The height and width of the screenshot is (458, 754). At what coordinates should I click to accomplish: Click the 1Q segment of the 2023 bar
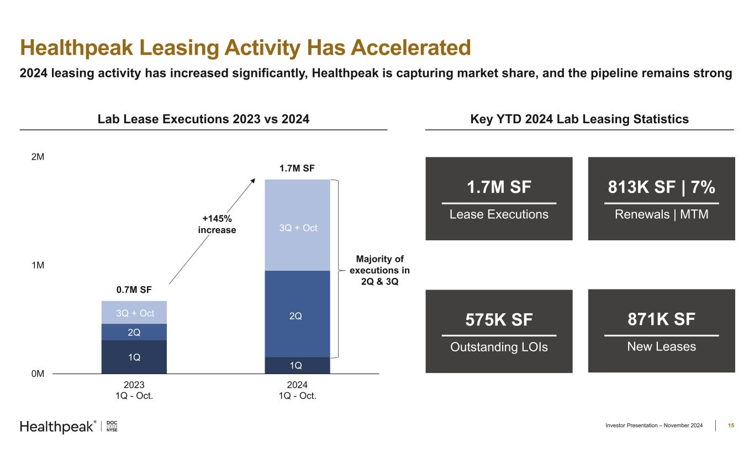(x=134, y=357)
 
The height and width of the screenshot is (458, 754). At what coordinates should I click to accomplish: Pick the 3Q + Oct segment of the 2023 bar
(x=134, y=313)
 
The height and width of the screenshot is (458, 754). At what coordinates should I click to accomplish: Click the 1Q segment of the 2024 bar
(x=297, y=366)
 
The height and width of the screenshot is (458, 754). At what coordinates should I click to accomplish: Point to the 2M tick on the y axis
(x=38, y=157)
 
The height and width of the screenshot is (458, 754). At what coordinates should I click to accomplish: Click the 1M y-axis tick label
(x=38, y=266)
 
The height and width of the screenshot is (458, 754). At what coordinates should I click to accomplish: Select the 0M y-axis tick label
(x=38, y=374)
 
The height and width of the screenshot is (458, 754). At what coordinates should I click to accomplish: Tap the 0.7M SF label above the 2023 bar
(x=134, y=289)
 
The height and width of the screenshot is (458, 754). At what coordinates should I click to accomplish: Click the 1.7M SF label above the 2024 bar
(x=297, y=168)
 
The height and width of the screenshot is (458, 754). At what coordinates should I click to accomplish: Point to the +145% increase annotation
(x=217, y=224)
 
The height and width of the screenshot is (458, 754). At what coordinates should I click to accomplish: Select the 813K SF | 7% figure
(x=661, y=188)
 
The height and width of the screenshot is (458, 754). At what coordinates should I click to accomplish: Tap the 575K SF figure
(x=499, y=320)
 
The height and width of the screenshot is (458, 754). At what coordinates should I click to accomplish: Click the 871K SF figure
(x=661, y=319)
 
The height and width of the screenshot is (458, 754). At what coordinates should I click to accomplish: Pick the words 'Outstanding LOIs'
(x=499, y=348)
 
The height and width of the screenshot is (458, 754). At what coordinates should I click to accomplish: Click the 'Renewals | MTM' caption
(x=661, y=214)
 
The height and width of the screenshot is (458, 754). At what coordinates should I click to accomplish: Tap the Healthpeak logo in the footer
(x=58, y=427)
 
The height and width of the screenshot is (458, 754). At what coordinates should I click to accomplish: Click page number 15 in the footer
(x=731, y=425)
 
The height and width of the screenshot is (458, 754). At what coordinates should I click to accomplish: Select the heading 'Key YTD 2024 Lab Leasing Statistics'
(x=579, y=119)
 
